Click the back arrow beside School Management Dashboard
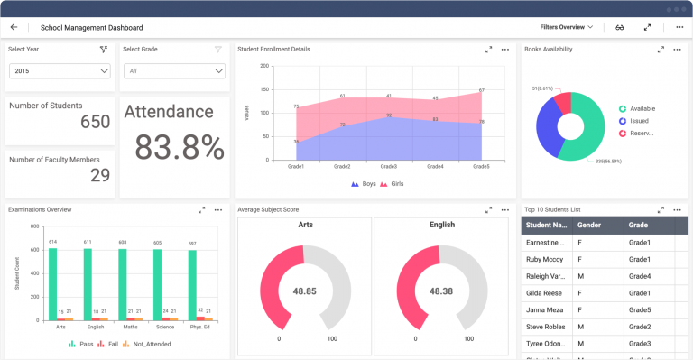tap(14, 27)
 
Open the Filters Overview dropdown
tap(567, 27)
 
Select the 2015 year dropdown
tap(60, 70)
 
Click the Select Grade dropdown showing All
tap(174, 70)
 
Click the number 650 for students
tap(95, 122)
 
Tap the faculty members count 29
tap(100, 175)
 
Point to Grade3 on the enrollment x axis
tap(388, 166)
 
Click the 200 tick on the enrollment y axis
tap(264, 66)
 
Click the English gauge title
tap(442, 226)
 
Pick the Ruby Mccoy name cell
tap(544, 259)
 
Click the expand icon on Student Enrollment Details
tap(488, 50)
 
